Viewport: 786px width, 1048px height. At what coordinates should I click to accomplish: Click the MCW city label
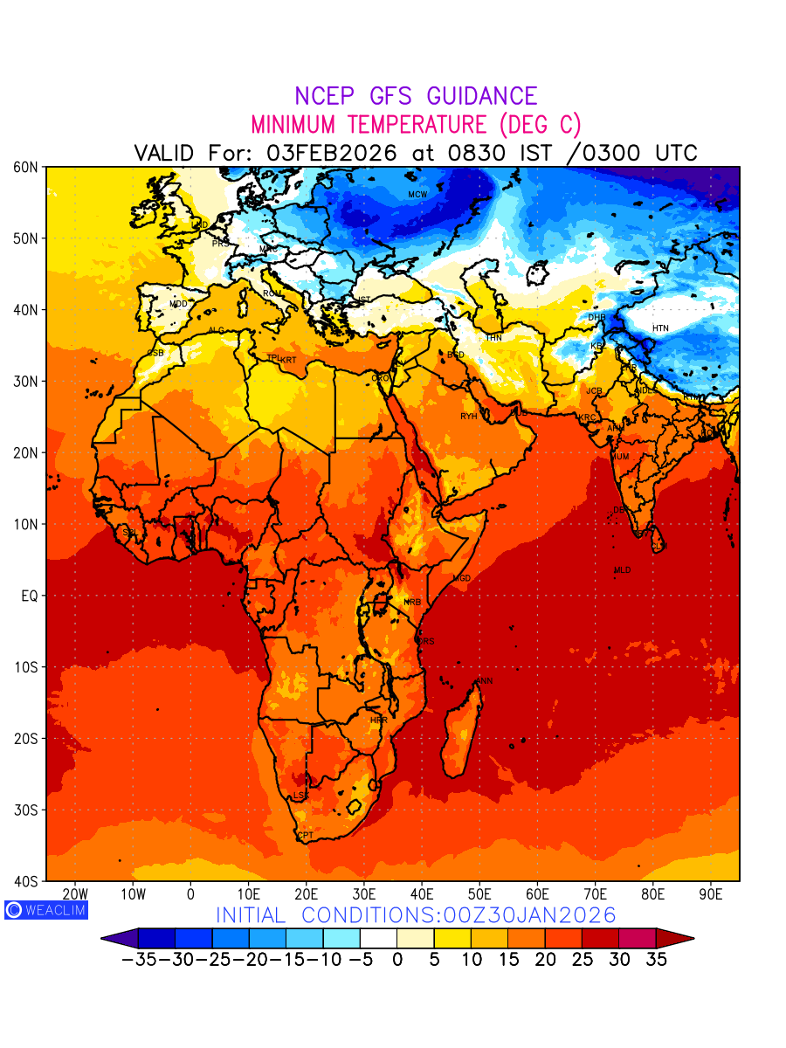[417, 195]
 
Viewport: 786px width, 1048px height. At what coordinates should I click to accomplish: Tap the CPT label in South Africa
[306, 836]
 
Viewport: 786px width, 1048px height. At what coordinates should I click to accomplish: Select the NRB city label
[412, 603]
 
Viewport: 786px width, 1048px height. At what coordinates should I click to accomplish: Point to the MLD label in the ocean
[622, 570]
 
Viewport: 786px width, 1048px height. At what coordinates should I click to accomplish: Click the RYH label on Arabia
[469, 417]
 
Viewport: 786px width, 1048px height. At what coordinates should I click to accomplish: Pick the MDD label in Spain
[178, 304]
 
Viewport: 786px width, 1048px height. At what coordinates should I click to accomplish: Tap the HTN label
[660, 328]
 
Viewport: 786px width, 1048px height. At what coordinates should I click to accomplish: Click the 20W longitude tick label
[75, 894]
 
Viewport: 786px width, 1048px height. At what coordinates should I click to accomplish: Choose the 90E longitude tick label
[711, 894]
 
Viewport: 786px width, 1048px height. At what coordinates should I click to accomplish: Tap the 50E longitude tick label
[479, 894]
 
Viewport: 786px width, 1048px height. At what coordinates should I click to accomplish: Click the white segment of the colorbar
[378, 939]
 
